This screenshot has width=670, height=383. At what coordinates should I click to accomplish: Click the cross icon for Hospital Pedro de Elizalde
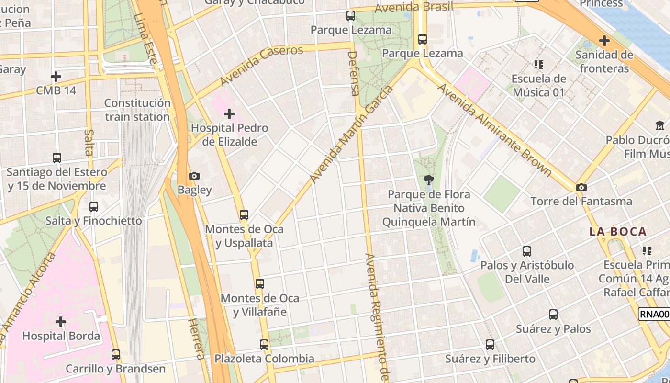pos(229,114)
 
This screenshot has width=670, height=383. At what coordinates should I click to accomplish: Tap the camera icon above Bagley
pos(194,176)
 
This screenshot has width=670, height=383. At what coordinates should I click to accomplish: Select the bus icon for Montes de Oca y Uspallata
pos(244,215)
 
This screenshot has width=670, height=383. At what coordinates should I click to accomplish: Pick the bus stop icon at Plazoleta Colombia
pos(264,344)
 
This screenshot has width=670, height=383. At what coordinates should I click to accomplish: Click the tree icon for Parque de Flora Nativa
pos(429,180)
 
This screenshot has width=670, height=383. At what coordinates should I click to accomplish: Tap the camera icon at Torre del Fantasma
pos(581,187)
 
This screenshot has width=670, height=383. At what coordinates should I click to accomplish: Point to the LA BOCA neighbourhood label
pos(618,232)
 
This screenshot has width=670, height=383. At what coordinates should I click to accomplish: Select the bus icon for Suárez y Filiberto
pos(490,344)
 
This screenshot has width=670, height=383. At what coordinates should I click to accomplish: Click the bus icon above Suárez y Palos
pos(553,315)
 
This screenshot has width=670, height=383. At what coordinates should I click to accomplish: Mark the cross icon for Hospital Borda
pos(61,321)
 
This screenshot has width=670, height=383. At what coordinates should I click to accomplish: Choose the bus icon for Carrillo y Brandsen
pos(116,355)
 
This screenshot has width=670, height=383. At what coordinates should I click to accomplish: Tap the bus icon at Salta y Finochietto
pos(94,207)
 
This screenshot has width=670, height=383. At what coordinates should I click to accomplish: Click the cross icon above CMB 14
pos(56,76)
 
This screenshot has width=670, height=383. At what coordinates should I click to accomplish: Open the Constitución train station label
pos(137,110)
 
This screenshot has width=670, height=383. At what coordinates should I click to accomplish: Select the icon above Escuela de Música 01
pos(539,64)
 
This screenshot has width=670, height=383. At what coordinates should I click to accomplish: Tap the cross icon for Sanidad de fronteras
pos(604,41)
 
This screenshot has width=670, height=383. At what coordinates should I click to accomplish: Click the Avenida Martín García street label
pos(352,134)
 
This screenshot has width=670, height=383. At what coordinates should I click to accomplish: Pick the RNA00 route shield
pos(654,314)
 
